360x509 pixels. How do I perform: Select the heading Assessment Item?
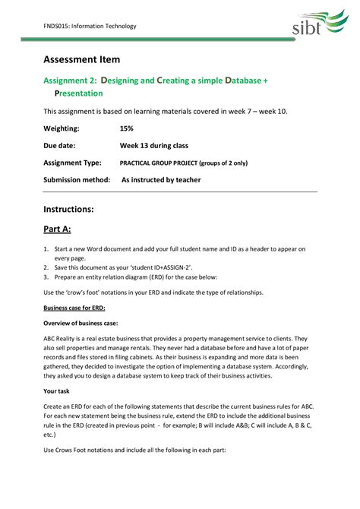(x=81, y=59)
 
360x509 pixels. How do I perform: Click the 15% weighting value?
(x=126, y=128)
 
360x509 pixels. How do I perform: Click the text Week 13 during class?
(x=153, y=145)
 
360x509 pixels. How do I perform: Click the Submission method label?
(x=77, y=180)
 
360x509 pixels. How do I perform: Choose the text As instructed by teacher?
(x=161, y=180)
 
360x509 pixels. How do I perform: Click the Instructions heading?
(x=68, y=208)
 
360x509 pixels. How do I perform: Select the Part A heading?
(x=57, y=229)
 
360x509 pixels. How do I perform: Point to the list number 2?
(x=46, y=267)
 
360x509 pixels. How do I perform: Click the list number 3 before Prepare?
(x=46, y=277)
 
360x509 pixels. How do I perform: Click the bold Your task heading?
(x=56, y=390)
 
